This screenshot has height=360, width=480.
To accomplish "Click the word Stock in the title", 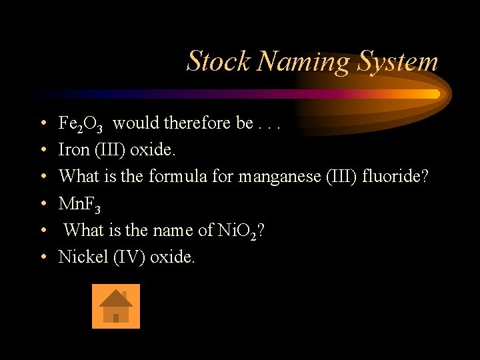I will pyautogui.click(x=219, y=61).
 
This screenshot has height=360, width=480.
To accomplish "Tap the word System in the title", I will pyautogui.click(x=399, y=61).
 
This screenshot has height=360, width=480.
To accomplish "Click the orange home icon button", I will pyautogui.click(x=116, y=306).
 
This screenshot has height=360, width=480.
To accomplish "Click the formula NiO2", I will pyautogui.click(x=237, y=230).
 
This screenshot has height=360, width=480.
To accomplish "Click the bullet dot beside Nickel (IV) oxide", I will pyautogui.click(x=43, y=257).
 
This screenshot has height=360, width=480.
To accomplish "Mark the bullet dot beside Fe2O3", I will pyautogui.click(x=43, y=124).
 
